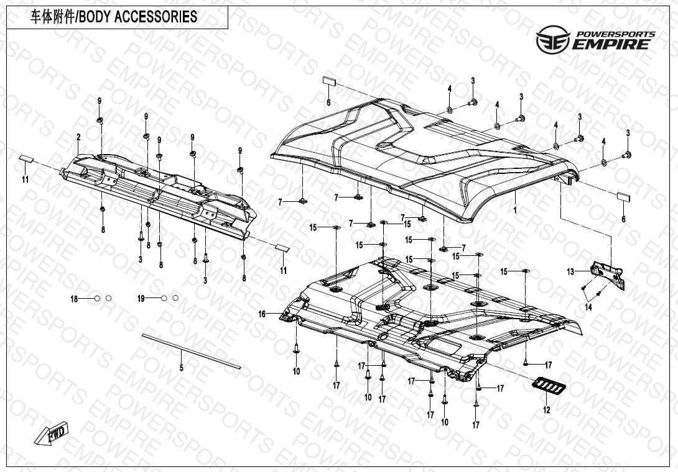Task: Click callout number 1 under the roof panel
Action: [x=515, y=211]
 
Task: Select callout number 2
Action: [x=78, y=137]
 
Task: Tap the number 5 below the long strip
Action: [x=182, y=368]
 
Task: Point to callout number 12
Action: [x=547, y=411]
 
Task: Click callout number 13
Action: [x=570, y=271]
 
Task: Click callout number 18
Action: [x=74, y=299]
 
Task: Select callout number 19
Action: [x=141, y=299]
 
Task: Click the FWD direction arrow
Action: [x=56, y=433]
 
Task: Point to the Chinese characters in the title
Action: [x=51, y=17]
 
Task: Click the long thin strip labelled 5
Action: [x=190, y=352]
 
